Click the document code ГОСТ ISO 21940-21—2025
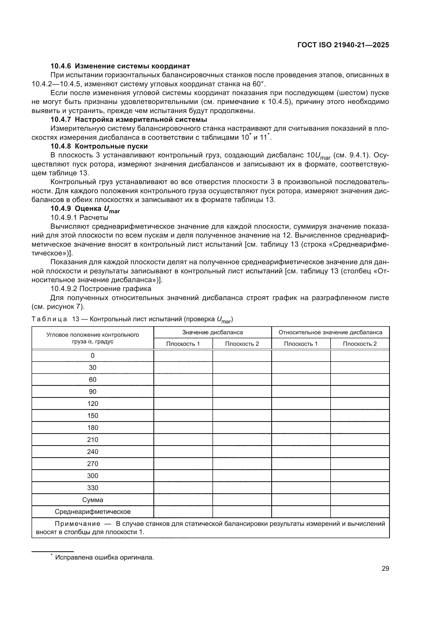[x=343, y=45]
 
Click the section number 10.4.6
[x=61, y=66]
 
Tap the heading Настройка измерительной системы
[x=141, y=119]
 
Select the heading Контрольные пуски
[x=111, y=146]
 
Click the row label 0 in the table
[x=92, y=355]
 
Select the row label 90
[x=92, y=391]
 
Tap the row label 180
[x=92, y=428]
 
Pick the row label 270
[x=92, y=464]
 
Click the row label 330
[x=92, y=488]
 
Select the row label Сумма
[x=92, y=500]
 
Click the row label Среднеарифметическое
[x=92, y=512]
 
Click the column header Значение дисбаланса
[x=212, y=332]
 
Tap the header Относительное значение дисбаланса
[x=330, y=332]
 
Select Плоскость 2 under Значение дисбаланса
[x=242, y=344]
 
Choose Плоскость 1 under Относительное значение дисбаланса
[x=301, y=344]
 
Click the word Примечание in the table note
[x=77, y=524]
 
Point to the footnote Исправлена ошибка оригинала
[x=104, y=557]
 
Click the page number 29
[x=385, y=569]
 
